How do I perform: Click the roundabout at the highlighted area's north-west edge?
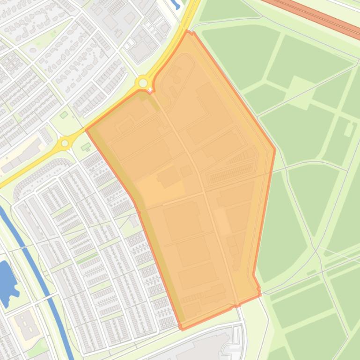(x=143, y=83)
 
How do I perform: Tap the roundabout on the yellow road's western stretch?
(x=65, y=144)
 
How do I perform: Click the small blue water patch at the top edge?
(x=176, y=5)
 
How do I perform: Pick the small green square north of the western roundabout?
(x=64, y=115)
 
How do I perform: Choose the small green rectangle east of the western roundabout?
(x=86, y=147)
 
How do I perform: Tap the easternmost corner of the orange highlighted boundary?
(x=275, y=150)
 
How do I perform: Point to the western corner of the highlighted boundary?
(x=86, y=130)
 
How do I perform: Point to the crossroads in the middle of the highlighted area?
(x=204, y=192)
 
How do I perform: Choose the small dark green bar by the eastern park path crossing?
(x=311, y=272)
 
